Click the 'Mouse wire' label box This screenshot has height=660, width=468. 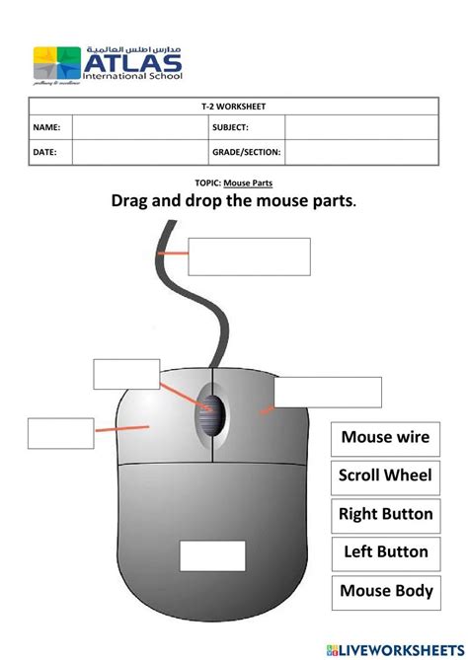point(386,437)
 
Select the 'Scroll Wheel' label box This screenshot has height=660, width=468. point(386,476)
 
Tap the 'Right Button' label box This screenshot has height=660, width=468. point(386,514)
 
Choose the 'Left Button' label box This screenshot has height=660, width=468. point(386,552)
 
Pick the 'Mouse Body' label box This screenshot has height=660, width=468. point(386,591)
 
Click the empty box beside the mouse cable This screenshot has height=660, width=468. point(249,257)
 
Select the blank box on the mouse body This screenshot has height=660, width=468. point(212,555)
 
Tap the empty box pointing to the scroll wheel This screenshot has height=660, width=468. point(126,375)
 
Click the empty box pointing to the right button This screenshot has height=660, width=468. point(327,392)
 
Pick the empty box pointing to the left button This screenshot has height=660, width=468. point(60,433)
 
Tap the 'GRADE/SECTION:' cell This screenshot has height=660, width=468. point(247,152)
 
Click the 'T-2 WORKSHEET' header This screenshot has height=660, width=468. point(233,106)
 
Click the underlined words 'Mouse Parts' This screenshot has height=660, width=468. point(248,183)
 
